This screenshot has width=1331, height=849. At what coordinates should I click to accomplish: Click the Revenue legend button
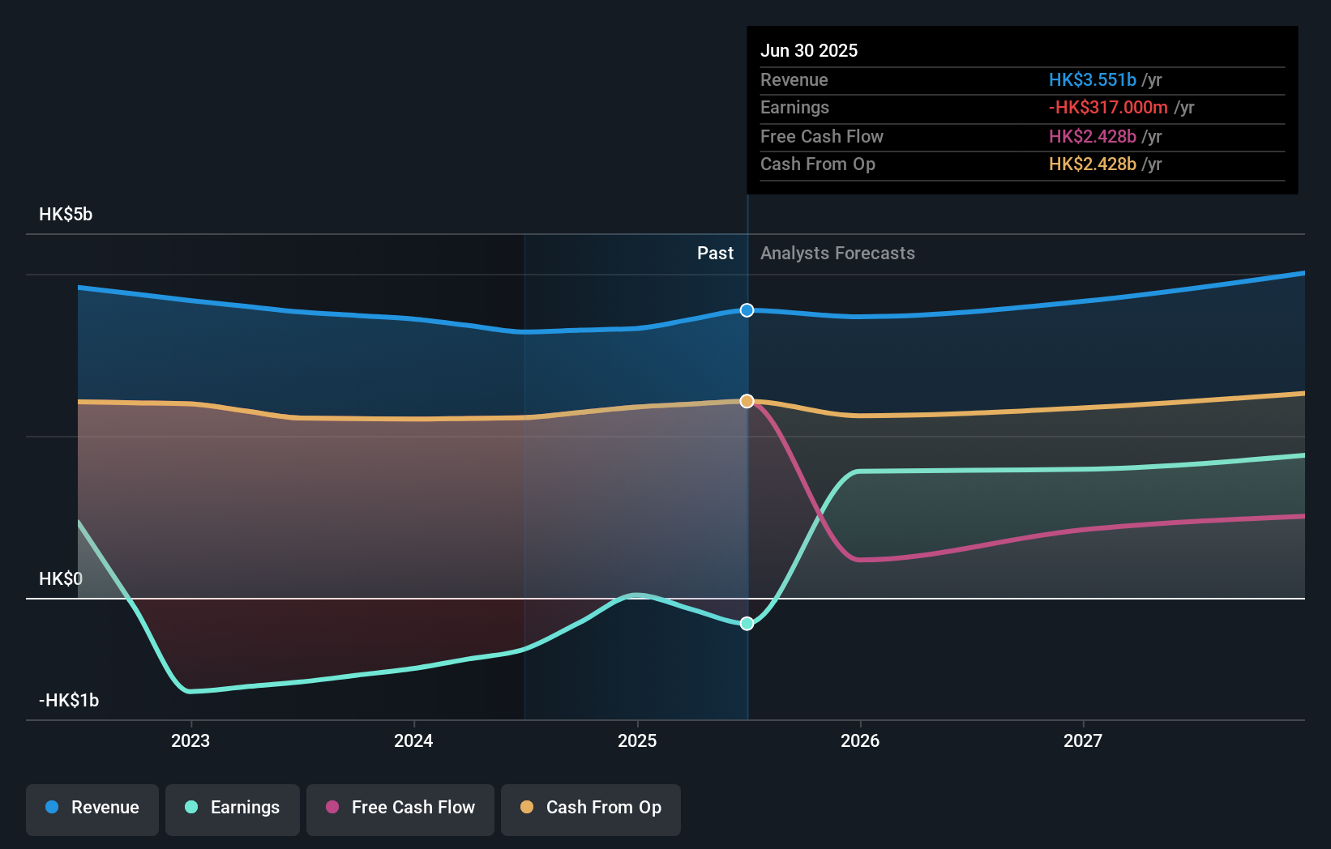92,808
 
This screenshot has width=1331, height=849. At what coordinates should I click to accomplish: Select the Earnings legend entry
233,808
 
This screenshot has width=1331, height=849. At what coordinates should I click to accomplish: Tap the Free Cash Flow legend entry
400,808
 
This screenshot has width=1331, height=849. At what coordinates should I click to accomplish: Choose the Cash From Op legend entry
591,808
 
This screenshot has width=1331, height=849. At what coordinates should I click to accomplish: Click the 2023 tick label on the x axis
190,740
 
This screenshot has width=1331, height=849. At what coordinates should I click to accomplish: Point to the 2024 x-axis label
413,740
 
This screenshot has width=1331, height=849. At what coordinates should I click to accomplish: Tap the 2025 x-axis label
637,740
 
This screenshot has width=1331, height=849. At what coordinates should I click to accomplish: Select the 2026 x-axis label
860,740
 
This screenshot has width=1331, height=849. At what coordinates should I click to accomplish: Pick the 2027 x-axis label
1083,740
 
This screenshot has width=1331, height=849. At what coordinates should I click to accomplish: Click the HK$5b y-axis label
66,214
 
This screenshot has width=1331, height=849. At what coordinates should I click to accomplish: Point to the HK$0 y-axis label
61,578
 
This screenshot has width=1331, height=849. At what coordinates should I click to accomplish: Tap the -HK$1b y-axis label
69,700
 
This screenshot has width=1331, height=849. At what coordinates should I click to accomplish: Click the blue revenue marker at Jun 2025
747,310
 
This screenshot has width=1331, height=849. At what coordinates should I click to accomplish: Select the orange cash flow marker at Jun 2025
747,401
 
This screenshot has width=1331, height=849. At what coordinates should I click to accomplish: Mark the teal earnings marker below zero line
747,623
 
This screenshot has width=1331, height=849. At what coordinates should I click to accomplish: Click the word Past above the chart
715,253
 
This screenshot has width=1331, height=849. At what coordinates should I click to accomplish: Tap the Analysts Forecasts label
837,253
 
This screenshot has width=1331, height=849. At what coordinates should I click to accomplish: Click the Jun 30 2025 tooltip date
809,50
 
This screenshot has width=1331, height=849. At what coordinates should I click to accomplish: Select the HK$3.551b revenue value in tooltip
1092,79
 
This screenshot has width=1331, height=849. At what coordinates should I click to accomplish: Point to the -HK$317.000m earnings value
1108,107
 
